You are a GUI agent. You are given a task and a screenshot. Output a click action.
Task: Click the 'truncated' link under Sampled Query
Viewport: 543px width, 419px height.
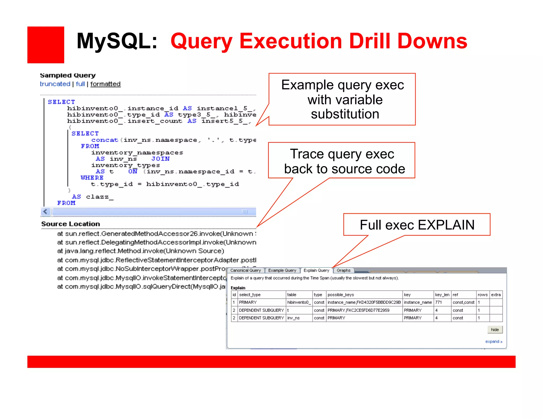pyautogui.click(x=55, y=84)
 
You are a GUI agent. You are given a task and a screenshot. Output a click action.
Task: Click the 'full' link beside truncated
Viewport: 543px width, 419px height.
pyautogui.click(x=80, y=84)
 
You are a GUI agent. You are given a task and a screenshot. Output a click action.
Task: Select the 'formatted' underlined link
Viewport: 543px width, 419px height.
pyautogui.click(x=105, y=84)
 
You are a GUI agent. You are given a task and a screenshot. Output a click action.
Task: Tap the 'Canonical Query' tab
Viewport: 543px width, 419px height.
pyautogui.click(x=246, y=270)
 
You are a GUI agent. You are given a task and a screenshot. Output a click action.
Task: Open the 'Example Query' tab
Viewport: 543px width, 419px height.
pyautogui.click(x=282, y=270)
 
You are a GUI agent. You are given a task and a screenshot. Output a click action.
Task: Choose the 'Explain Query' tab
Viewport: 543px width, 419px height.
pyautogui.click(x=316, y=270)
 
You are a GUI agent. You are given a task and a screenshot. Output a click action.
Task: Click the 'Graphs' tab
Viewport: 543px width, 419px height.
pyautogui.click(x=344, y=270)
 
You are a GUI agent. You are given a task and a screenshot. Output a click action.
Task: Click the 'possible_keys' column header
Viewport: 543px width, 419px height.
pyautogui.click(x=341, y=295)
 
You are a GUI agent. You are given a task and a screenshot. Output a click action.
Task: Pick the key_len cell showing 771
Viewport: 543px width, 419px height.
pyautogui.click(x=439, y=302)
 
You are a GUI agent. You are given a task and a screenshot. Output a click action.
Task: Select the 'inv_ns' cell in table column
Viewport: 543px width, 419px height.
pyautogui.click(x=294, y=318)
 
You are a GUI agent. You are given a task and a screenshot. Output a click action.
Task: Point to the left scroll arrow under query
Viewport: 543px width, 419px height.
pyautogui.click(x=46, y=212)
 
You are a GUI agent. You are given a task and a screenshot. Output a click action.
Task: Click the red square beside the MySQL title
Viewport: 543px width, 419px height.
pyautogui.click(x=46, y=45)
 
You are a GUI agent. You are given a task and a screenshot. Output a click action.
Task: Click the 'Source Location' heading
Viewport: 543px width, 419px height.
pyautogui.click(x=71, y=224)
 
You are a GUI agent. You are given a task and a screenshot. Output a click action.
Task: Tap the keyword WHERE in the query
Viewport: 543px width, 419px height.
pyautogui.click(x=92, y=178)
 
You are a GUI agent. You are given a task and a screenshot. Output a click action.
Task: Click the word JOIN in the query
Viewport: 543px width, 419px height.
pyautogui.click(x=160, y=159)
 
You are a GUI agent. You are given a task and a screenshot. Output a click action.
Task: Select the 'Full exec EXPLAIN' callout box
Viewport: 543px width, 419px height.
pyautogui.click(x=417, y=225)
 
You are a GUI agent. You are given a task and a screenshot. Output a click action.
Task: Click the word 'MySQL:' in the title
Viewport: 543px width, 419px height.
pyautogui.click(x=117, y=41)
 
